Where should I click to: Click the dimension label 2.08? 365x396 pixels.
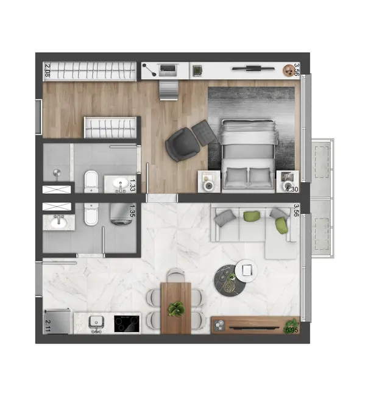click(48, 71)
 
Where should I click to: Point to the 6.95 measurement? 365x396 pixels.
click(292, 331)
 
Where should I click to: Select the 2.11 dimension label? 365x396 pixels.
click(48, 324)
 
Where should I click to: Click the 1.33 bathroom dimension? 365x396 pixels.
click(133, 182)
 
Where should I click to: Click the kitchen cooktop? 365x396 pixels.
click(127, 323)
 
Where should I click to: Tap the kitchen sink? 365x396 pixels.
click(96, 322)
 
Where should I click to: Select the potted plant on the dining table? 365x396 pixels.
click(175, 309)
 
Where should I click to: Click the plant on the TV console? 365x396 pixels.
click(292, 323)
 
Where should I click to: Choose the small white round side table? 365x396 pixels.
click(246, 269)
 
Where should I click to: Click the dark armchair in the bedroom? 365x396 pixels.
click(180, 144)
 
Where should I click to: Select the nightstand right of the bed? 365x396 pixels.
click(286, 180)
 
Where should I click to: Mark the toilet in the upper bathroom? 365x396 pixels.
click(91, 180)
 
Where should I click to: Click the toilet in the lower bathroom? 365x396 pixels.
click(91, 214)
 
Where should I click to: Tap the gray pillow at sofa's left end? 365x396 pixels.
click(223, 215)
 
